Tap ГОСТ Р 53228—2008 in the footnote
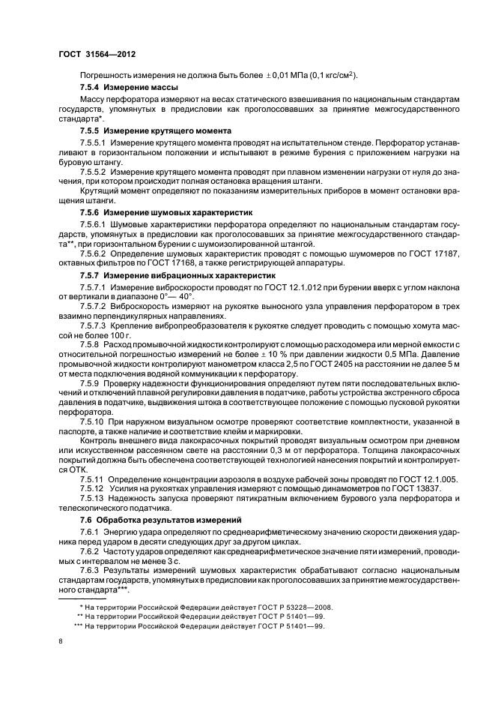(x=292, y=607)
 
